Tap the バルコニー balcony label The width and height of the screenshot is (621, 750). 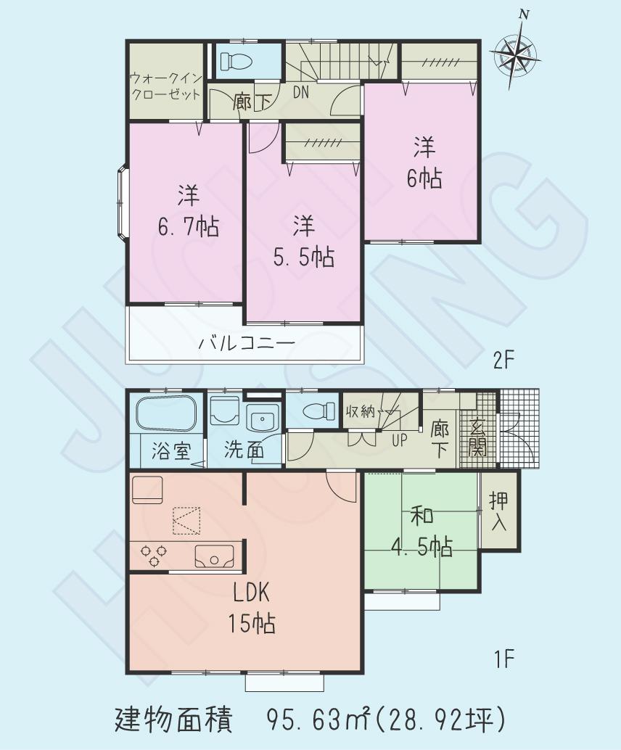[245, 343]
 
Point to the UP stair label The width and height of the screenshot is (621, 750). [400, 440]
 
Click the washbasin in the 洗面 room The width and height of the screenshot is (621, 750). [260, 419]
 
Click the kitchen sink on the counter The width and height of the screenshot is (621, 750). [215, 556]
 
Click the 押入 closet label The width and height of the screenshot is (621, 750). [498, 511]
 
